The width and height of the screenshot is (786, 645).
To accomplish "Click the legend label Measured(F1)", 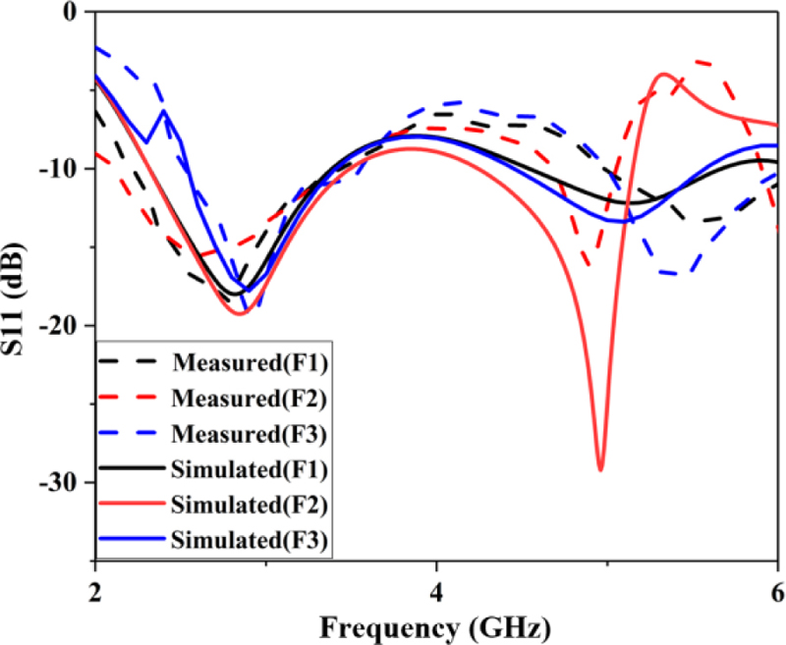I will tap(250, 362).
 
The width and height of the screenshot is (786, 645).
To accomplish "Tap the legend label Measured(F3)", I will tap(250, 433).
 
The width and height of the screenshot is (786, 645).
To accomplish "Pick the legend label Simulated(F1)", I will tap(250, 467).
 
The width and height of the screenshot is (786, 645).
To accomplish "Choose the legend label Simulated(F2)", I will tap(250, 503).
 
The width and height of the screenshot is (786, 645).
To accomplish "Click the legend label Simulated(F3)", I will tap(250, 538).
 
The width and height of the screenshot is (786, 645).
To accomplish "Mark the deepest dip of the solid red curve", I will tap(600, 469).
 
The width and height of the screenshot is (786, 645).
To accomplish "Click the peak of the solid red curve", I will tap(665, 74).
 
